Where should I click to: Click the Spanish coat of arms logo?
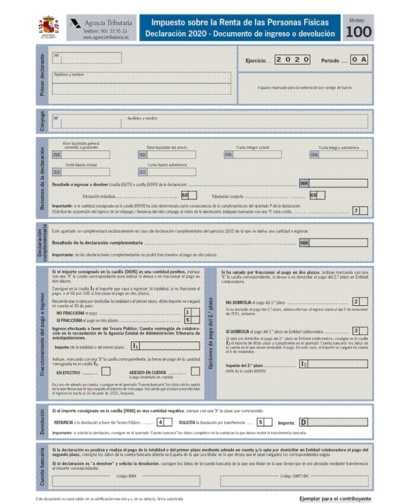point(48,27)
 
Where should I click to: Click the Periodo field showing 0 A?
point(359,60)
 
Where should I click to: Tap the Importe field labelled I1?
point(170,346)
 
